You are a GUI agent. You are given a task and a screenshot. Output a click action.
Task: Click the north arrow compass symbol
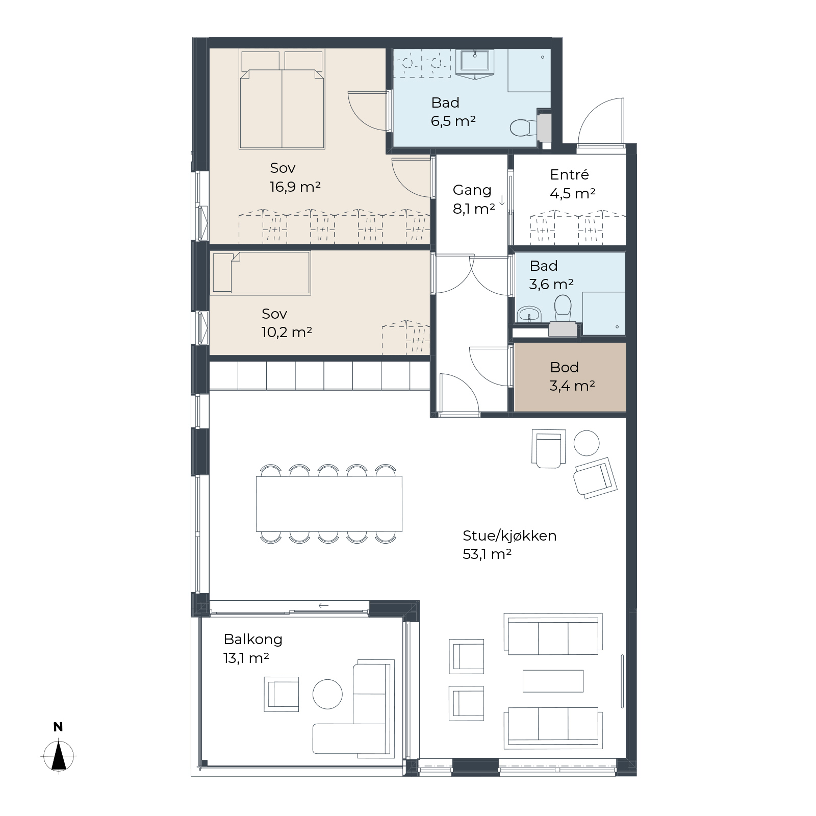tap(59, 756)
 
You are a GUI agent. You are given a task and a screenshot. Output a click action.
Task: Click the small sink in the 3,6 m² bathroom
tap(529, 314)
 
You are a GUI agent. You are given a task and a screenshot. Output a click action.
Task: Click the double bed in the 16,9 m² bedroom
tap(282, 99)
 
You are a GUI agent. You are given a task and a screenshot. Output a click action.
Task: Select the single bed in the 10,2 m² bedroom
tap(260, 273)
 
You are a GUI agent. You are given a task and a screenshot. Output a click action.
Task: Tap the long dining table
tap(329, 504)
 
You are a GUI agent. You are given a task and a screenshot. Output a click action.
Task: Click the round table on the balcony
tap(327, 694)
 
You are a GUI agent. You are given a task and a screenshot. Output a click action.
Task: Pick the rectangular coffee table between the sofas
tap(553, 681)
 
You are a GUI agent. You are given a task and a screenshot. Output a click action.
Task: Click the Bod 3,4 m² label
tap(572, 376)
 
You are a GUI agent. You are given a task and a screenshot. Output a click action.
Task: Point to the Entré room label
tap(569, 174)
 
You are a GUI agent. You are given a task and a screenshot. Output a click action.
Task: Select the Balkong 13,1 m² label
tap(252, 648)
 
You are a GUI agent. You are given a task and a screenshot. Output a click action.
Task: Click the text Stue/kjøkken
tap(509, 535)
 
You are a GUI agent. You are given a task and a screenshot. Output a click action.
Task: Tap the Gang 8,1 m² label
tap(474, 199)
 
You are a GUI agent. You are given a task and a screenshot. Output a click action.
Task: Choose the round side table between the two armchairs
tap(586, 443)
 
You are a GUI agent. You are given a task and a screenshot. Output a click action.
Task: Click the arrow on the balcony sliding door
tap(323, 606)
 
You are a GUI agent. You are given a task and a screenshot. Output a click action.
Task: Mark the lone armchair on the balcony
tap(282, 694)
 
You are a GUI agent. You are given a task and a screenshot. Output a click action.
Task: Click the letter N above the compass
tap(58, 727)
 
